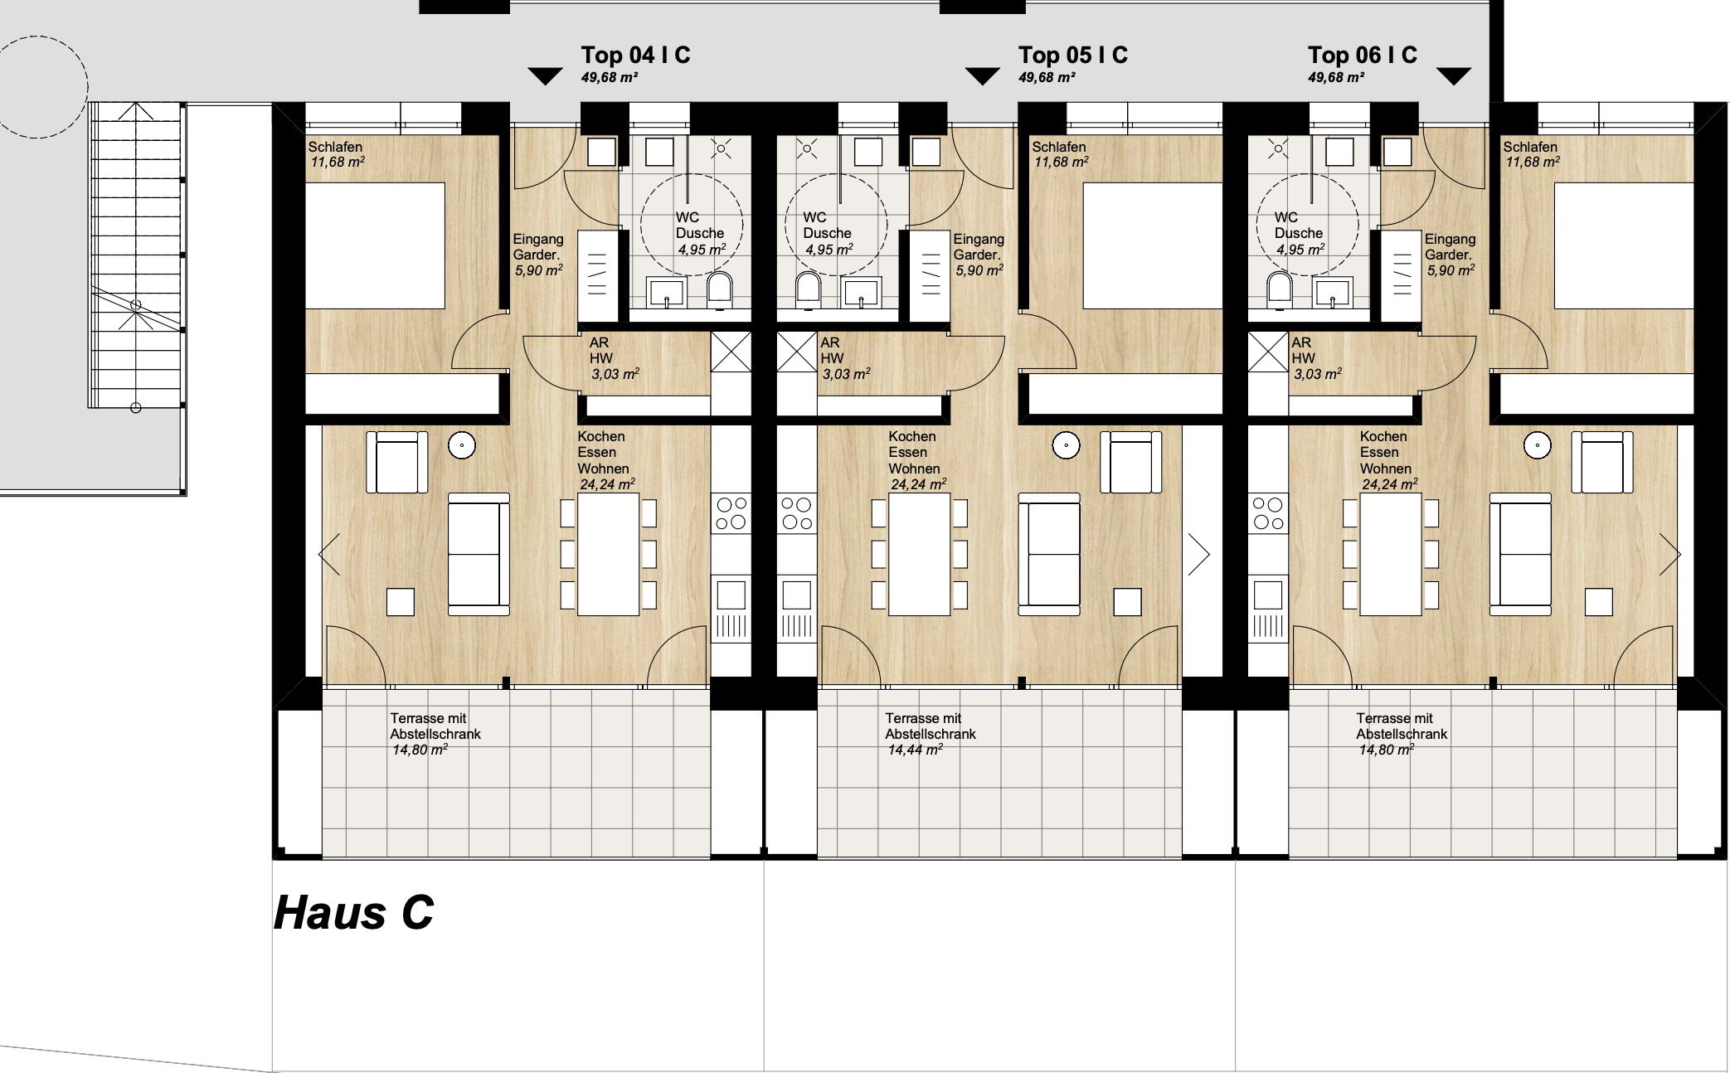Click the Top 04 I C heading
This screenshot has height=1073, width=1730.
(x=635, y=55)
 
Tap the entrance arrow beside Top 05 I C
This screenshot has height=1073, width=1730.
(x=983, y=76)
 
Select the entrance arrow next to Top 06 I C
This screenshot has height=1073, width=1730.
(x=1453, y=76)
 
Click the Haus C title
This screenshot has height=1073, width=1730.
(x=353, y=913)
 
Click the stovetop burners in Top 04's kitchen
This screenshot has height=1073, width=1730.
(x=731, y=513)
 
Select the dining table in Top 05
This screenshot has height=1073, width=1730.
(x=919, y=555)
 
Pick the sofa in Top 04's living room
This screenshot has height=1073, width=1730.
(x=479, y=554)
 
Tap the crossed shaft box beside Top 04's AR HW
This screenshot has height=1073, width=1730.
(x=731, y=352)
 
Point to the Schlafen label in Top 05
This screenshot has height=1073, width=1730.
(x=1059, y=147)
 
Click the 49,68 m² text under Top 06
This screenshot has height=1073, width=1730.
(x=1336, y=77)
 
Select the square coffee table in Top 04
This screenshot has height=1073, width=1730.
(x=400, y=602)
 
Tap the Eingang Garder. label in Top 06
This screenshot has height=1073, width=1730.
(x=1450, y=247)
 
